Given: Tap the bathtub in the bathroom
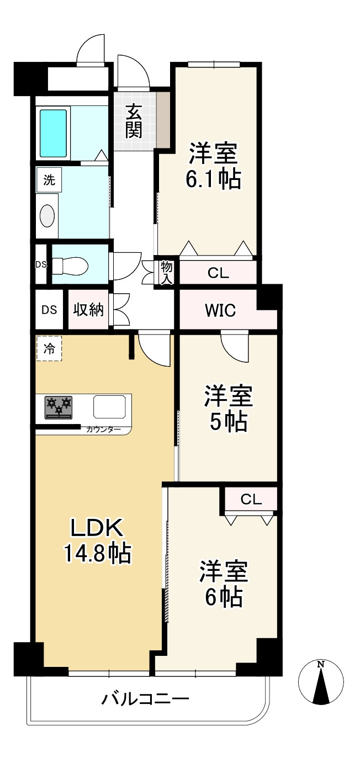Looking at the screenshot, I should pos(53,132).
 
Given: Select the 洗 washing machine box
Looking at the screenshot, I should pos(49,180).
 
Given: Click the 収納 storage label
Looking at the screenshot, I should pos(89,310).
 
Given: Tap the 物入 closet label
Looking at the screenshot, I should pos(167,273).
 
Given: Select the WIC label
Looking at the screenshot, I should pos(220,310).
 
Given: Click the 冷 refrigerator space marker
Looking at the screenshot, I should pos(49,348).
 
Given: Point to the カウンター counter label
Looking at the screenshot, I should pos(100,429).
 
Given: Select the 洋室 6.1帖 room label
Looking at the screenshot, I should pos(214,166).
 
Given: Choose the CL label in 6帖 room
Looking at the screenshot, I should pos(251,500).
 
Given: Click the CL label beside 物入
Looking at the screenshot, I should pos(218,273).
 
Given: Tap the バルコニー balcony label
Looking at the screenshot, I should pos(145,700).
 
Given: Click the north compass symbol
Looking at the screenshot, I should pos(321,681).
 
